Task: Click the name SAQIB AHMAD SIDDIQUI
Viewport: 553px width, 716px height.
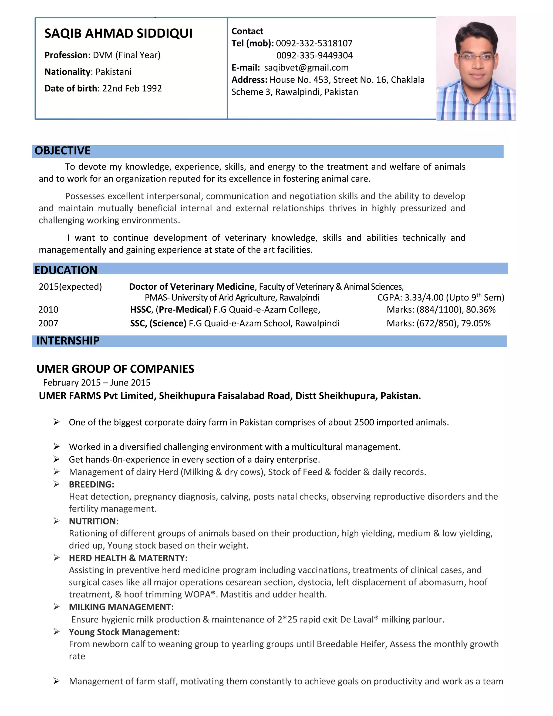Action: [x=118, y=34]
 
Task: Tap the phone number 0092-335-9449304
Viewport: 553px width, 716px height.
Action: [x=314, y=55]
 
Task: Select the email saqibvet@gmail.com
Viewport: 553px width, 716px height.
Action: [x=306, y=68]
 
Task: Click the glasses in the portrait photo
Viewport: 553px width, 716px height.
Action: [x=477, y=57]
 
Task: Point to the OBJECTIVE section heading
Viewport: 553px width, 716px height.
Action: [x=63, y=150]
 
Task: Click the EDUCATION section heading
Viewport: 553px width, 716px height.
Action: [x=66, y=270]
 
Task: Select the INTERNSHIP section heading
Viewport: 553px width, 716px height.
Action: [x=68, y=341]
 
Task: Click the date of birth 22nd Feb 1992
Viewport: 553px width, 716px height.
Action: [x=132, y=89]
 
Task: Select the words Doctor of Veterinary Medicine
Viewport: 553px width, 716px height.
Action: [x=192, y=287]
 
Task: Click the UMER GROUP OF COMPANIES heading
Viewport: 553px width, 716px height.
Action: [x=115, y=369]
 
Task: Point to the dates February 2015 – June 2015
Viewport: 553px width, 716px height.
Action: [x=97, y=383]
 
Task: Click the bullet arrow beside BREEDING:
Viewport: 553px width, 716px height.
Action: [x=56, y=484]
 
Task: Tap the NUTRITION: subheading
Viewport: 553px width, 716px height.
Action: [x=94, y=521]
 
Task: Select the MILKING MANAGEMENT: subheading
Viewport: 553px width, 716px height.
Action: [x=121, y=607]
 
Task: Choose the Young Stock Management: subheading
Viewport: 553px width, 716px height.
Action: [x=124, y=632]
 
